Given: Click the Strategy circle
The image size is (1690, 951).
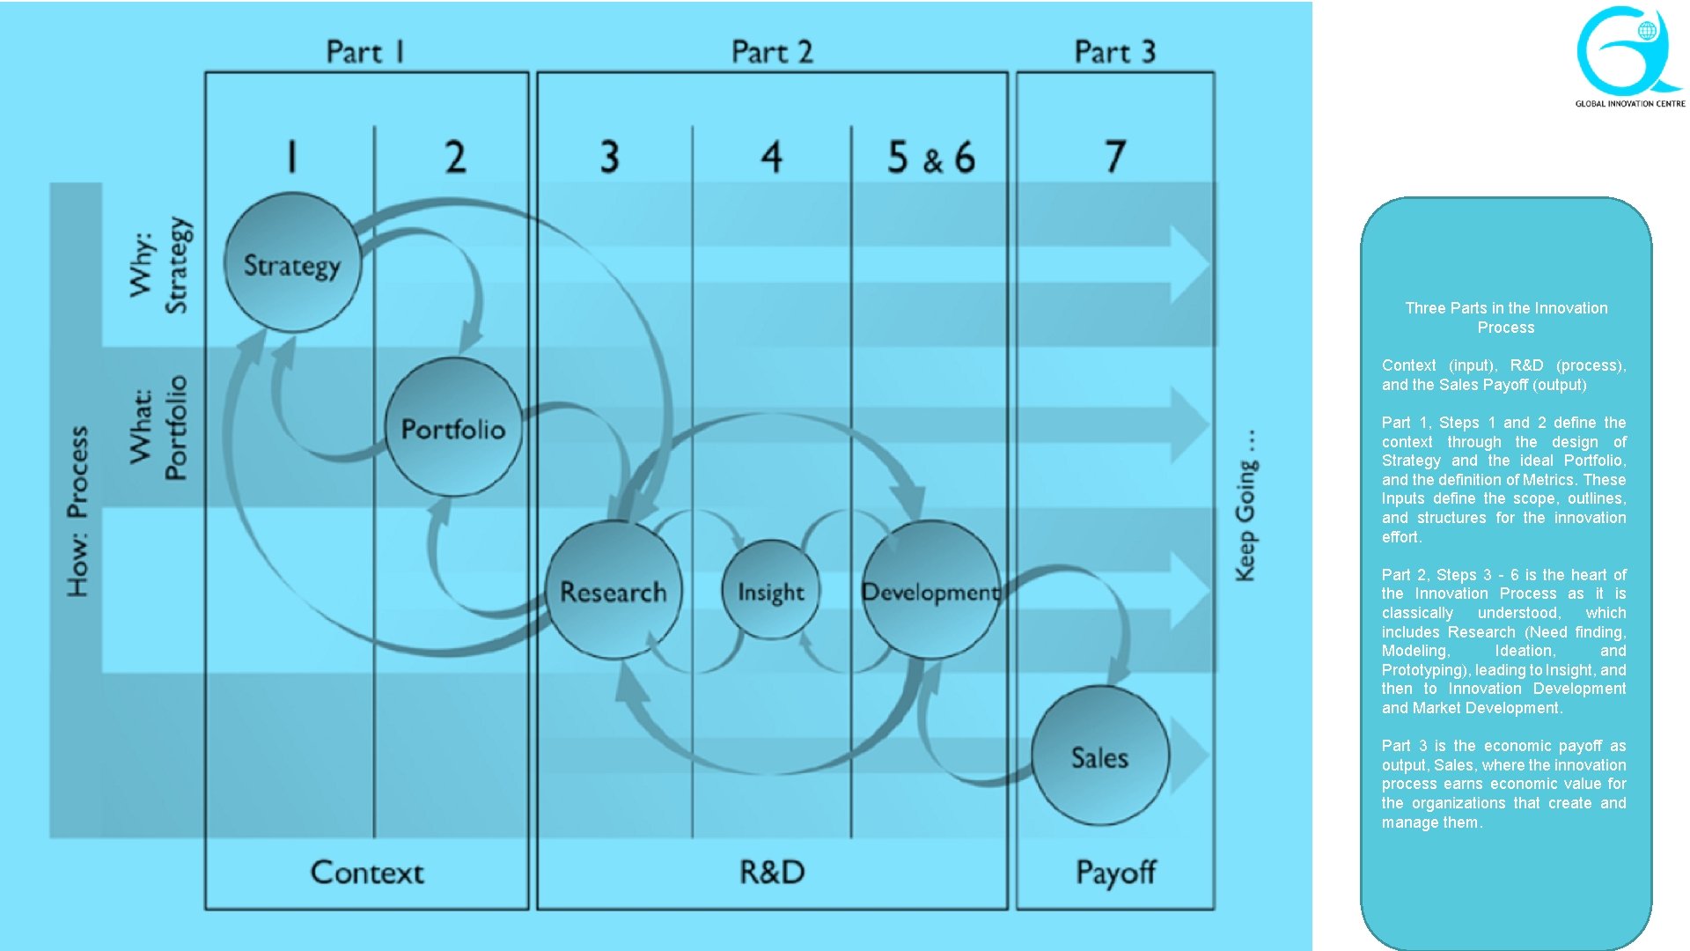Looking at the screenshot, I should click(x=292, y=263).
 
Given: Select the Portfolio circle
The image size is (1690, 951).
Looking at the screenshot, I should click(x=453, y=428).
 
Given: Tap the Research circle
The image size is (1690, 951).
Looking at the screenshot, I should click(x=614, y=591).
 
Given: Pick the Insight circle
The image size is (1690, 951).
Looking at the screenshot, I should click(x=771, y=591).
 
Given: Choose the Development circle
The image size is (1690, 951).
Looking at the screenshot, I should click(x=930, y=591).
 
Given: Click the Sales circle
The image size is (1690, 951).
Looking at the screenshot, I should click(x=1100, y=756).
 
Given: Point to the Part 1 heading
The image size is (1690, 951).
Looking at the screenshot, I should click(x=365, y=52).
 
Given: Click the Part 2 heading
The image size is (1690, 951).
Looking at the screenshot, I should click(x=772, y=52).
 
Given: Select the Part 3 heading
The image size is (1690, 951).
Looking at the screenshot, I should click(x=1114, y=52).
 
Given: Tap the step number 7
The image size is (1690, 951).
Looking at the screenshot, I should click(x=1115, y=157).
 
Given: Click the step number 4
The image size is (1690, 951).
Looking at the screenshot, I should click(x=771, y=157).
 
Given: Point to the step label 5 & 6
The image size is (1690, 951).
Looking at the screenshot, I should click(x=931, y=158).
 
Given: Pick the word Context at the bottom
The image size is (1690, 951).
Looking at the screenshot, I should click(x=367, y=873).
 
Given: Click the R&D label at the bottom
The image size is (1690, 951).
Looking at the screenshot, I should click(x=772, y=873).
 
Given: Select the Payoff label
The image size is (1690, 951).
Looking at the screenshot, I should click(x=1115, y=873).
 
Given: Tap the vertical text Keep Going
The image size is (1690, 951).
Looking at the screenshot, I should click(x=1245, y=505).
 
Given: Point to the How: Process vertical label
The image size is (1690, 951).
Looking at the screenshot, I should click(x=78, y=511).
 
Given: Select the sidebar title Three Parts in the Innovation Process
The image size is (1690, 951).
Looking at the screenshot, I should click(x=1506, y=318).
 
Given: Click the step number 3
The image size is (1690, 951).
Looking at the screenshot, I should click(x=610, y=157).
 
